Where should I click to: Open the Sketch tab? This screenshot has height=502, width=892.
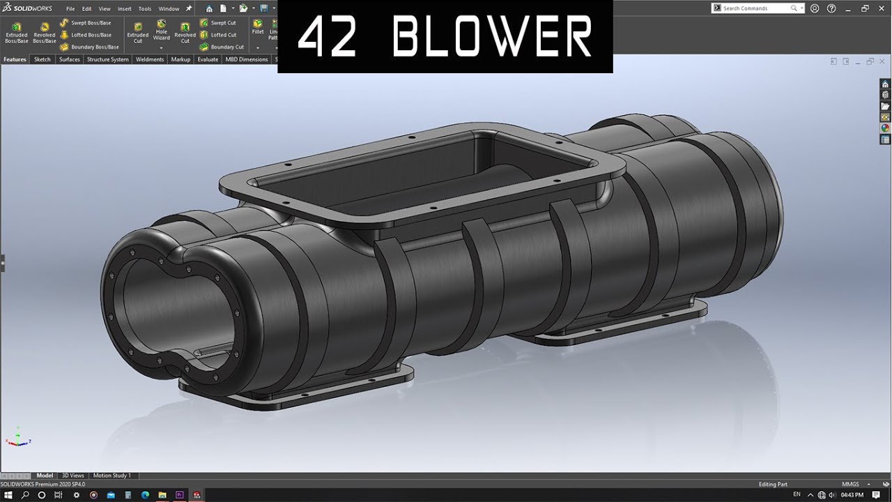pyautogui.click(x=43, y=60)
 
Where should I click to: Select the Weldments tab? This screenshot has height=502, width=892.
pyautogui.click(x=149, y=60)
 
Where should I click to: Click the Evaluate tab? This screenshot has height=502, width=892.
pyautogui.click(x=208, y=60)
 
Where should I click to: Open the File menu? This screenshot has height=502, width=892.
pyautogui.click(x=70, y=9)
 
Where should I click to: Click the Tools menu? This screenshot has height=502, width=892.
pyautogui.click(x=144, y=9)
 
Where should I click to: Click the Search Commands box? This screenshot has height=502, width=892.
pyautogui.click(x=756, y=8)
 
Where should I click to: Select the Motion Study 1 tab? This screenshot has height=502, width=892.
pyautogui.click(x=111, y=476)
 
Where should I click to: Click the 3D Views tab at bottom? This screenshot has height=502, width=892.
pyautogui.click(x=72, y=476)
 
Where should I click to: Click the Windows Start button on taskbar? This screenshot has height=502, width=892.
pyautogui.click(x=8, y=495)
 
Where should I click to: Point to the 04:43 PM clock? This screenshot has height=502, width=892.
pyautogui.click(x=852, y=495)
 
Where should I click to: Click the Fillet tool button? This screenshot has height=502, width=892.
pyautogui.click(x=258, y=27)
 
